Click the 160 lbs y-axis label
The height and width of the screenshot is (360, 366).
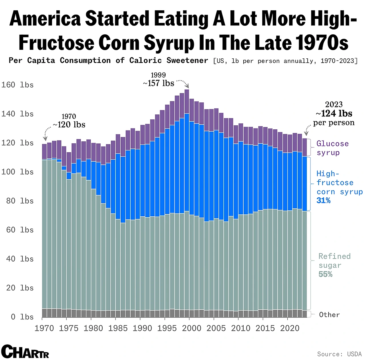pos(17,85)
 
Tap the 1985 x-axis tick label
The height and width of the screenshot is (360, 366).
pos(118,328)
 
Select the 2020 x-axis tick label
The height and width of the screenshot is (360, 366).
pos(290,328)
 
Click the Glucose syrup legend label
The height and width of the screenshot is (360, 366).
pos(332,148)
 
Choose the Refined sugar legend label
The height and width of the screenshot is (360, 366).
pos(334,261)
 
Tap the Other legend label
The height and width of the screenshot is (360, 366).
pos(329,315)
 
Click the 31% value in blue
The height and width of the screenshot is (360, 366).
pos(323,201)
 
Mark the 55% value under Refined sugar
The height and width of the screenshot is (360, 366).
pos(325,274)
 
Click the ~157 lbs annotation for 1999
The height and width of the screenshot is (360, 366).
pos(159,83)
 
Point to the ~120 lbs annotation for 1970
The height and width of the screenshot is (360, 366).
pos(69,125)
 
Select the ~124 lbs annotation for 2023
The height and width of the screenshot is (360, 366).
pos(334,114)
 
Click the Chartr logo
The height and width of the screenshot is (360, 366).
pos(25,352)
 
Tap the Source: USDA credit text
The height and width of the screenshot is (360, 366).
pos(339,354)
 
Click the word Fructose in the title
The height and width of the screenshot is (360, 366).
pos(56,43)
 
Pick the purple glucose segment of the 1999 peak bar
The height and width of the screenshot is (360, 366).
pos(187,102)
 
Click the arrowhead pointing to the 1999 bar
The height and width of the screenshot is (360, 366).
pos(187,86)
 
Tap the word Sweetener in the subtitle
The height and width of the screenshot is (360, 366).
pos(187,61)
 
